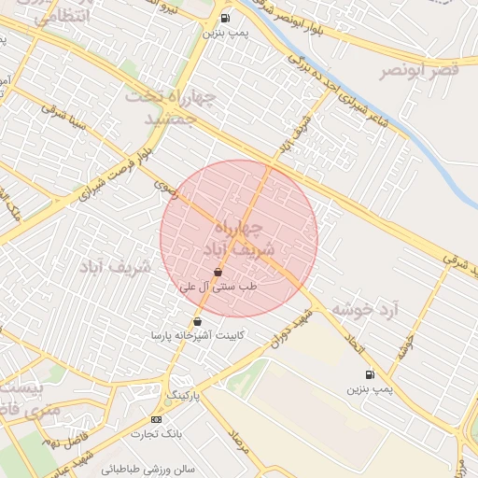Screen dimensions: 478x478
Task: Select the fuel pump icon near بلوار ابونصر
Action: point(225,18)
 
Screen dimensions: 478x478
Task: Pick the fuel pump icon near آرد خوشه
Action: point(370,374)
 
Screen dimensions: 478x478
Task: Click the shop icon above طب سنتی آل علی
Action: point(218,272)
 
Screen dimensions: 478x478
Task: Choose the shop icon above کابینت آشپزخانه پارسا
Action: point(197,322)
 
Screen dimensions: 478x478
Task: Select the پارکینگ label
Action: point(184,395)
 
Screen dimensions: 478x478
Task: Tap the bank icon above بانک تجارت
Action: point(155,419)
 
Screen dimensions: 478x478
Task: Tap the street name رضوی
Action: point(165,186)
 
